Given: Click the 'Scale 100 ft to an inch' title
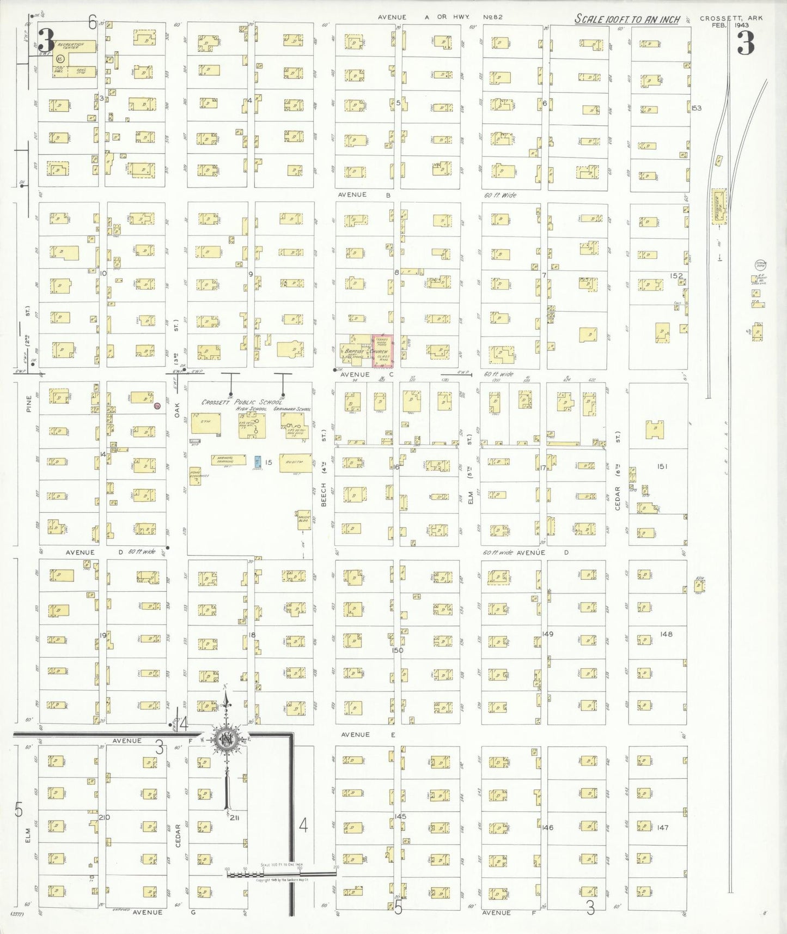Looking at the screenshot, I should (x=627, y=20).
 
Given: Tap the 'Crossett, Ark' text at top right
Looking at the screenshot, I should (x=731, y=18).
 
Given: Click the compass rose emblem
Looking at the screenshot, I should (x=225, y=739).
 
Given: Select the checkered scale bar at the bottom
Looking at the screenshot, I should (x=281, y=874).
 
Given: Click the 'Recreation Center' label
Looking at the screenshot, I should (x=71, y=46).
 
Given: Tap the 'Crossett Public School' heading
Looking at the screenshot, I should (x=242, y=402).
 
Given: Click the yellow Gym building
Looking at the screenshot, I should (x=206, y=423).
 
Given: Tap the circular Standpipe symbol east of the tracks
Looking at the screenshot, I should (x=760, y=265).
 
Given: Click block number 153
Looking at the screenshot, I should (x=697, y=108).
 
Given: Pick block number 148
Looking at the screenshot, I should (x=666, y=634).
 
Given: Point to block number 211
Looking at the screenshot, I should (x=234, y=817).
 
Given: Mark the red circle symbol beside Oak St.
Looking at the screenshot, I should (x=157, y=406).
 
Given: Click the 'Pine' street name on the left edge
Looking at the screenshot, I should (x=28, y=404).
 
